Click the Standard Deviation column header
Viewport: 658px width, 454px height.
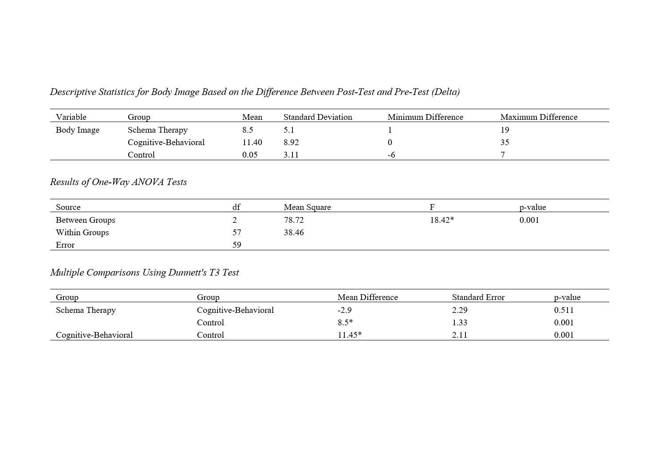pos(318,117)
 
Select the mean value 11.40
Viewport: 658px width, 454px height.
pos(252,142)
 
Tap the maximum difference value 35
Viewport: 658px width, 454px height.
pos(504,142)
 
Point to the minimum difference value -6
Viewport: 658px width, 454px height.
pos(391,155)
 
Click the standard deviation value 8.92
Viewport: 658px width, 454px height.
pos(291,142)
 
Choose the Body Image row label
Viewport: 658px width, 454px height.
pos(78,130)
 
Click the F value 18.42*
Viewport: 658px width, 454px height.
pos(441,220)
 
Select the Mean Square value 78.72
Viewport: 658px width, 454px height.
pos(294,220)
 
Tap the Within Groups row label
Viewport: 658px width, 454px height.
pos(82,233)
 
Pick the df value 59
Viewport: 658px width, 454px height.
pos(237,245)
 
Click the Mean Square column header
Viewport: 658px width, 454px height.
pos(307,207)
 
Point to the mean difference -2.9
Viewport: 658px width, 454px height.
pos(344,310)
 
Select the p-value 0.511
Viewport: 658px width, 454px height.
pos(563,310)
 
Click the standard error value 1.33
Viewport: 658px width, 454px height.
pos(460,323)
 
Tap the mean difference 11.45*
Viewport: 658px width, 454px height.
pos(349,335)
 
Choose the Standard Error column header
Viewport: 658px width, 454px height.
pos(478,297)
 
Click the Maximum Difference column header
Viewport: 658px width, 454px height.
pos(539,117)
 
